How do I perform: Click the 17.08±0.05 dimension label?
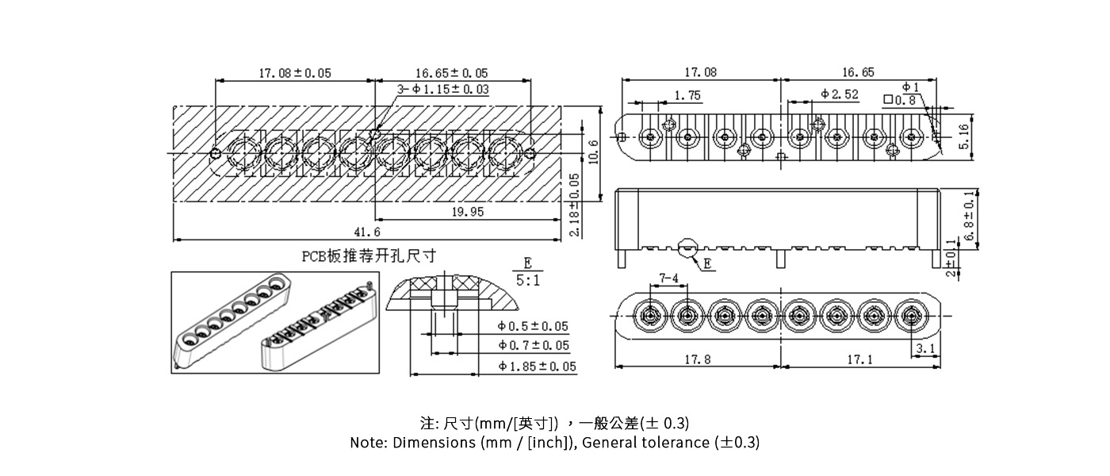pos(295,73)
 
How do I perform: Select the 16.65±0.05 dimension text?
pos(452,73)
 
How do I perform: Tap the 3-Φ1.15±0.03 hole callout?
pos(443,90)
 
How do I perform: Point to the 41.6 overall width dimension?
pos(366,232)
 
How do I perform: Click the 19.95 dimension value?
pos(468,212)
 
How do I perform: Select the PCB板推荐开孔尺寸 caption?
pos(369,255)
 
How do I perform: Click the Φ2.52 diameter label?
pos(840,94)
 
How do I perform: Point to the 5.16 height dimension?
pos(964,136)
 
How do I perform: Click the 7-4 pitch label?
pos(668,278)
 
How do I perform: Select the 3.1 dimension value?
pos(924,348)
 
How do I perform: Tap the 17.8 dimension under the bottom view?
pos(697,359)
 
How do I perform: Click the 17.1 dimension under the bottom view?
pos(859,359)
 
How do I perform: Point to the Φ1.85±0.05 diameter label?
pos(537,367)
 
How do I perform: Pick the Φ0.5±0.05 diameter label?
pos(533,326)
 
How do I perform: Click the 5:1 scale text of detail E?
pos(527,280)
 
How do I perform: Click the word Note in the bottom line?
pos(369,443)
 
